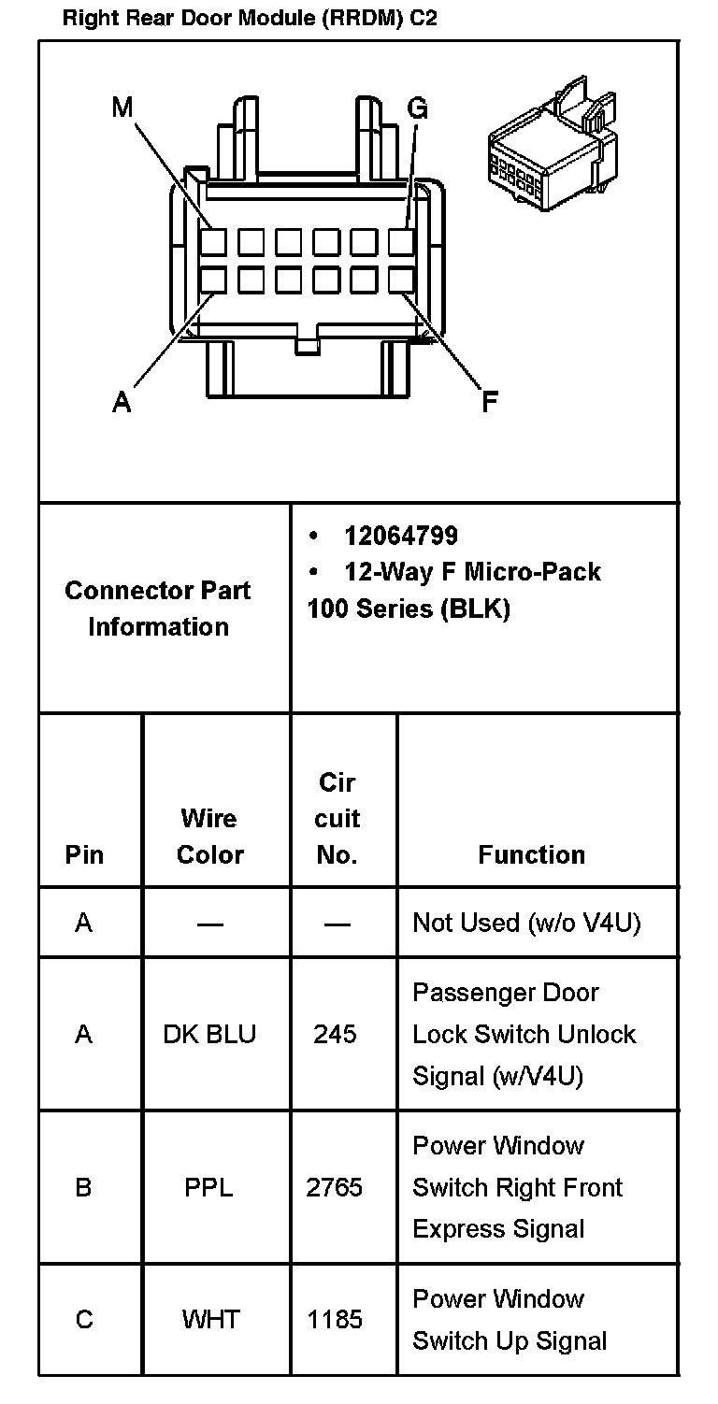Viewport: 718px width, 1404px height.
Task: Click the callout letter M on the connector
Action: [122, 108]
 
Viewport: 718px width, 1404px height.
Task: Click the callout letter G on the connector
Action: [417, 109]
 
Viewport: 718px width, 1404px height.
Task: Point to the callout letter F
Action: [489, 402]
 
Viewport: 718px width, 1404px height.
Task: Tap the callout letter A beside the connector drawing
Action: [122, 402]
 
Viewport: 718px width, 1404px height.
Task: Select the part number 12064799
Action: [400, 536]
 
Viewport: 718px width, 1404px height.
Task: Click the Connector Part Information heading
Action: [158, 609]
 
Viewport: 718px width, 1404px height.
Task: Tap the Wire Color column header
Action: [209, 836]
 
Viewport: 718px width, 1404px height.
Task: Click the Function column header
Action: [531, 854]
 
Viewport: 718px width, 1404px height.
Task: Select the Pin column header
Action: [84, 854]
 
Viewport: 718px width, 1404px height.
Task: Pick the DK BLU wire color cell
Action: [209, 1034]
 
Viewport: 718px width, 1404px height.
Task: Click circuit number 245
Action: [336, 1034]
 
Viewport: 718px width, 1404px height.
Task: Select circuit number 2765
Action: [335, 1187]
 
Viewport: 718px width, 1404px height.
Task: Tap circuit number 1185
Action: [335, 1319]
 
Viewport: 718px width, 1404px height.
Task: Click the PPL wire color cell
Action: [208, 1187]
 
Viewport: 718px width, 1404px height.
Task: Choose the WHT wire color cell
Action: [210, 1319]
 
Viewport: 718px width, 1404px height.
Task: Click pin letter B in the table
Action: [84, 1187]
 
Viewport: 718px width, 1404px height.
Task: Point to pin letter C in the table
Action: [84, 1319]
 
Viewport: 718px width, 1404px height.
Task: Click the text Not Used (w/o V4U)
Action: [526, 923]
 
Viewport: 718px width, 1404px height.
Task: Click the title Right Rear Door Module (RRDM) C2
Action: [250, 19]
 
